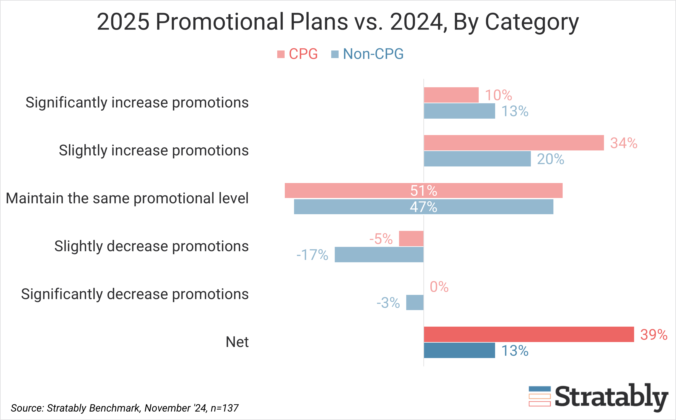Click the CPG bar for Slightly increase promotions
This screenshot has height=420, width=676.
[514, 143]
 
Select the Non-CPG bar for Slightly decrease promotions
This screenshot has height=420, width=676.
[379, 254]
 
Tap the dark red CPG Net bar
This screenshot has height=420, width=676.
[529, 334]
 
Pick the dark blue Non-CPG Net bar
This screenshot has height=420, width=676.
[459, 350]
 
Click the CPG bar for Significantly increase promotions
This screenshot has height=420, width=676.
[451, 95]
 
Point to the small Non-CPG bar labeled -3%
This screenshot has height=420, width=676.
[415, 302]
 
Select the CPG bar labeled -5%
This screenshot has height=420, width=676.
[411, 239]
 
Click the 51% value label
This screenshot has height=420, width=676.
[424, 191]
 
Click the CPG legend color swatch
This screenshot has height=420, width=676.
[281, 54]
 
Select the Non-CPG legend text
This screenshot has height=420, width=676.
[373, 54]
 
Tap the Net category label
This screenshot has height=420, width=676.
[237, 342]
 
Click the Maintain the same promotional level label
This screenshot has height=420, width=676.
[127, 198]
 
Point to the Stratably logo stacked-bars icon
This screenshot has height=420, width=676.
[539, 396]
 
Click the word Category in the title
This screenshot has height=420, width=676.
[531, 22]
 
